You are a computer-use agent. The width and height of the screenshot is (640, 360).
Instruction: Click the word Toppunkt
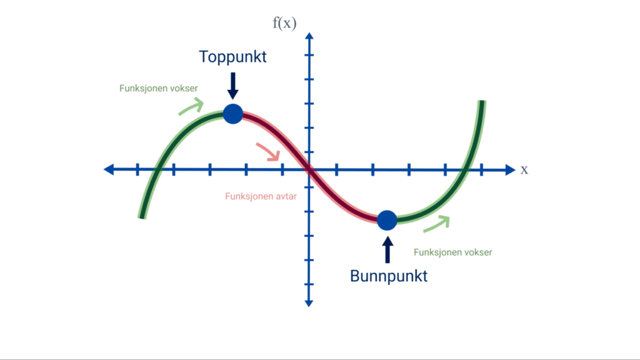[232, 57]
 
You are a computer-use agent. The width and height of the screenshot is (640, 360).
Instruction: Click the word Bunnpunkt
[389, 276]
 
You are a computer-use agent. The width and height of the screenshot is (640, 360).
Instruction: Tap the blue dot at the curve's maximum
[233, 114]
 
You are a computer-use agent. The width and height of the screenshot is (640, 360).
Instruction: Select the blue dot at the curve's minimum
[387, 221]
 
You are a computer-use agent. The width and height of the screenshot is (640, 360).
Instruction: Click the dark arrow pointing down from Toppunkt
[232, 86]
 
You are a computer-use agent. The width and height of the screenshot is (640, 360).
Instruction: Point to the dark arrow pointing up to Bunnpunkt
[387, 250]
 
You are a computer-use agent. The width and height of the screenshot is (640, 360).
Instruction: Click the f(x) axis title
[284, 23]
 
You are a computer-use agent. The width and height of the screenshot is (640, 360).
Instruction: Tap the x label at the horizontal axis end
[524, 169]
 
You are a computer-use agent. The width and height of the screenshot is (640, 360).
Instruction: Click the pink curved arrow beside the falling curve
[269, 152]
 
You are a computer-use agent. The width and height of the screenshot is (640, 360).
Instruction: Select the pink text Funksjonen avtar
[261, 196]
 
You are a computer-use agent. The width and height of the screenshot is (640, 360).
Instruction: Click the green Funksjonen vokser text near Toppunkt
[158, 88]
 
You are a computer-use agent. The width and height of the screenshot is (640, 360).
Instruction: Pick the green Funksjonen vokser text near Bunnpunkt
[452, 252]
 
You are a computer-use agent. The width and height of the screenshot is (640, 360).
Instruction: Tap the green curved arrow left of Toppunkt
[191, 106]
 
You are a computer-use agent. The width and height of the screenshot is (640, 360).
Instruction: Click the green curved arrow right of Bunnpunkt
[437, 224]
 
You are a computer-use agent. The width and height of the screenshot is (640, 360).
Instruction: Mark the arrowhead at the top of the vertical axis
[309, 36]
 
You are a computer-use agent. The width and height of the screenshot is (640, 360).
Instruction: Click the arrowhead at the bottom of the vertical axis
[309, 303]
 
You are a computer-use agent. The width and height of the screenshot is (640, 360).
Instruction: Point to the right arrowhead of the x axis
[510, 170]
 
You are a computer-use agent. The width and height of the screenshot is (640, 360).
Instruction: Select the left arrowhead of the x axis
[109, 169]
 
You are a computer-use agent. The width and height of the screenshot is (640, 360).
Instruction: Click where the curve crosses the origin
[309, 169]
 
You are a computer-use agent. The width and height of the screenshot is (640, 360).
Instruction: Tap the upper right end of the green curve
[482, 101]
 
